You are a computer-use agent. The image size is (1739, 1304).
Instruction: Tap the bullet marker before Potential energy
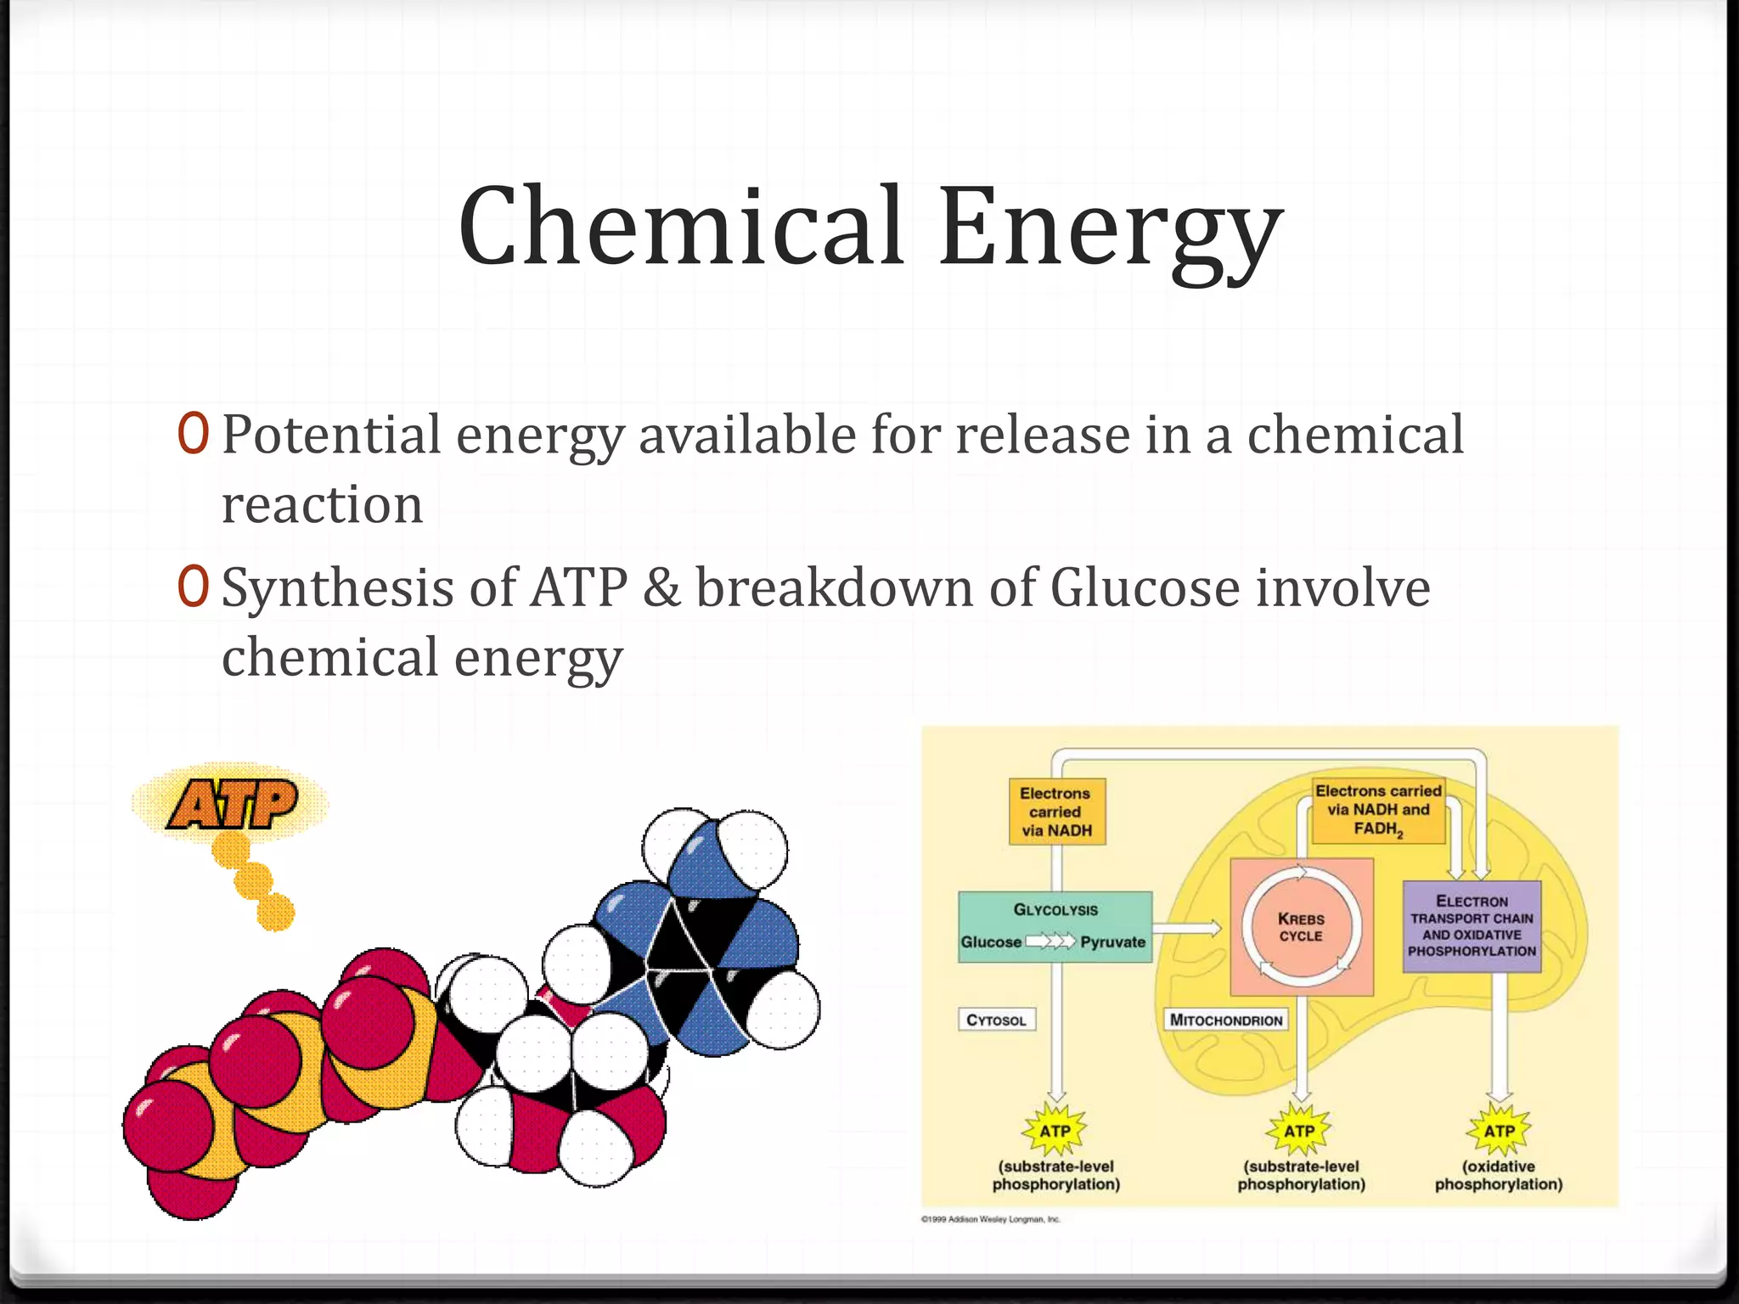pyautogui.click(x=193, y=434)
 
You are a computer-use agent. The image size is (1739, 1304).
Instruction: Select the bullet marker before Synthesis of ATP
pyautogui.click(x=193, y=587)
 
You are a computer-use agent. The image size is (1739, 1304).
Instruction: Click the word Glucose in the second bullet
pyautogui.click(x=1145, y=587)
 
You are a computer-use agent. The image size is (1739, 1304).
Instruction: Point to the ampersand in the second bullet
pyautogui.click(x=661, y=587)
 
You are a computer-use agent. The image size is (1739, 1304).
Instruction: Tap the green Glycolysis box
pyautogui.click(x=1055, y=925)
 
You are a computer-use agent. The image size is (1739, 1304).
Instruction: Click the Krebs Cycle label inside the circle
pyautogui.click(x=1300, y=927)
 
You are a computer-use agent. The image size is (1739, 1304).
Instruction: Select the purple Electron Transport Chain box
pyautogui.click(x=1472, y=926)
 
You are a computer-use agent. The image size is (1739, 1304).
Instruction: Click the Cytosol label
pyautogui.click(x=996, y=1020)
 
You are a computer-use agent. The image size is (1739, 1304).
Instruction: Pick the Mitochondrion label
pyautogui.click(x=1225, y=1020)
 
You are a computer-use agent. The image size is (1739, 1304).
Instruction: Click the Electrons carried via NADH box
pyautogui.click(x=1056, y=812)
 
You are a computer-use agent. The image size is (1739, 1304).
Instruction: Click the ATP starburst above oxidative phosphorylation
pyautogui.click(x=1499, y=1131)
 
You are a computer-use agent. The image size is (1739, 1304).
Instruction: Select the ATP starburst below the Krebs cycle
pyautogui.click(x=1299, y=1131)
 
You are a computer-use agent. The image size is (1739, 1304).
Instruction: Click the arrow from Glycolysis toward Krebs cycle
pyautogui.click(x=1186, y=928)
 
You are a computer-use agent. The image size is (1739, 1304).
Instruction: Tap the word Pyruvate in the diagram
pyautogui.click(x=1112, y=942)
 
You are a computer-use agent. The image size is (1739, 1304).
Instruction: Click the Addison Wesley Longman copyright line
pyautogui.click(x=991, y=1220)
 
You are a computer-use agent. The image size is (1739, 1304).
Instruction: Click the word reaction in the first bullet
pyautogui.click(x=322, y=505)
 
